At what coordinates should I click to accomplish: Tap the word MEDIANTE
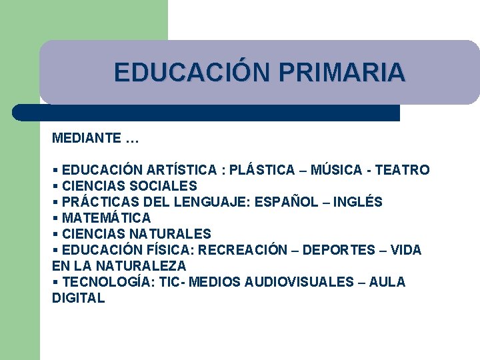point(86,139)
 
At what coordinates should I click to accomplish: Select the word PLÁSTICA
point(261,170)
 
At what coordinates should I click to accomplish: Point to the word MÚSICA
point(334,170)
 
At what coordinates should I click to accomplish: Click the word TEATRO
point(402,170)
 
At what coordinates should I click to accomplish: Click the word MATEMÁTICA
point(106,218)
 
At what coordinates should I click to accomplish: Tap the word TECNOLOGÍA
point(107,282)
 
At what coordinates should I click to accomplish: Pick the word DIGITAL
point(79,298)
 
